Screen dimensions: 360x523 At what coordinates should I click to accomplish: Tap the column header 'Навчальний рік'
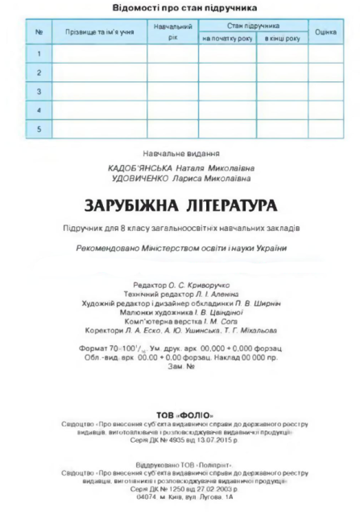[172, 31]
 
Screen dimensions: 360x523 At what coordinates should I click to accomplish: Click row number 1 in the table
[38, 53]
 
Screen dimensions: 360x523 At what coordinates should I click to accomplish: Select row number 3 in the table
[38, 91]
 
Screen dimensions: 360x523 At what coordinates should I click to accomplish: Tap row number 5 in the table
[38, 128]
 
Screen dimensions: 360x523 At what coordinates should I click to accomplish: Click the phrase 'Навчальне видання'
[180, 153]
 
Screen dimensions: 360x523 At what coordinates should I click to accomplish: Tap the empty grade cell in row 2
[325, 72]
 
